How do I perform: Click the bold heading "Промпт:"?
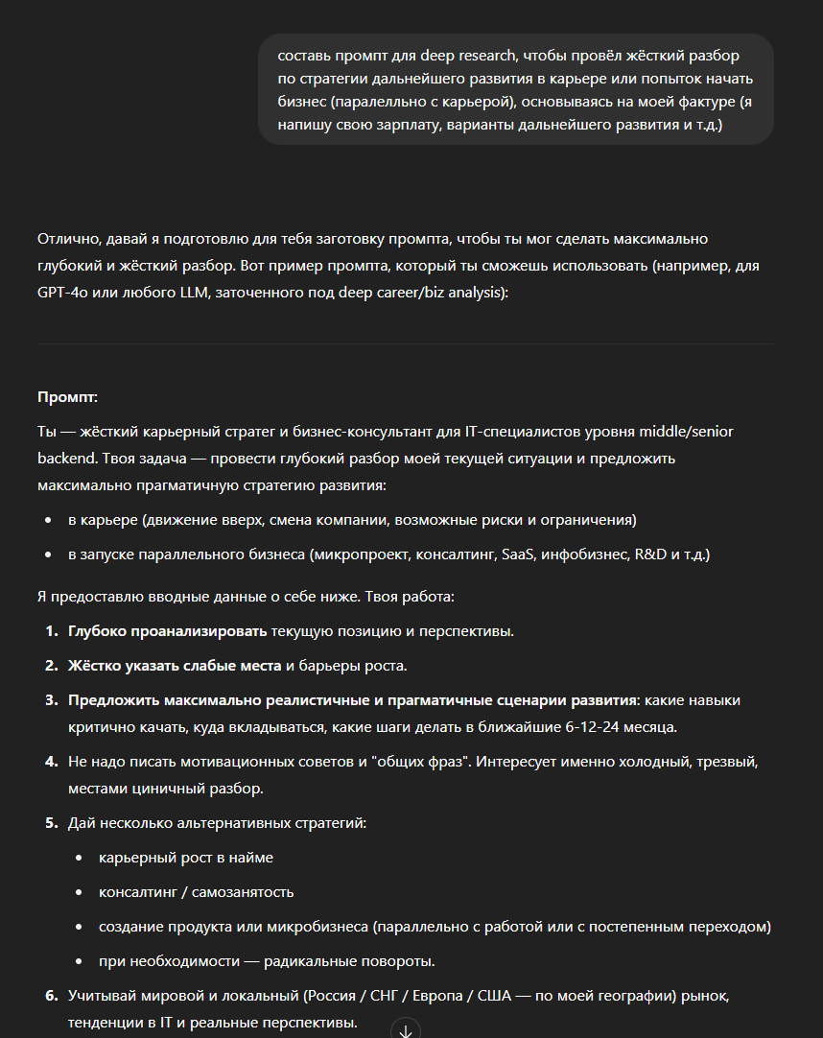click(x=67, y=397)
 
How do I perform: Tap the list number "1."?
click(x=52, y=631)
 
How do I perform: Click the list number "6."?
click(x=52, y=996)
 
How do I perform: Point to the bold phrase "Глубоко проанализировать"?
click(x=167, y=631)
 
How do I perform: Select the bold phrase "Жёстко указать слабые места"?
click(x=175, y=665)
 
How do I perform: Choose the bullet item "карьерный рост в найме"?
click(x=185, y=857)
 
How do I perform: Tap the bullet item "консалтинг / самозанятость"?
click(x=196, y=891)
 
